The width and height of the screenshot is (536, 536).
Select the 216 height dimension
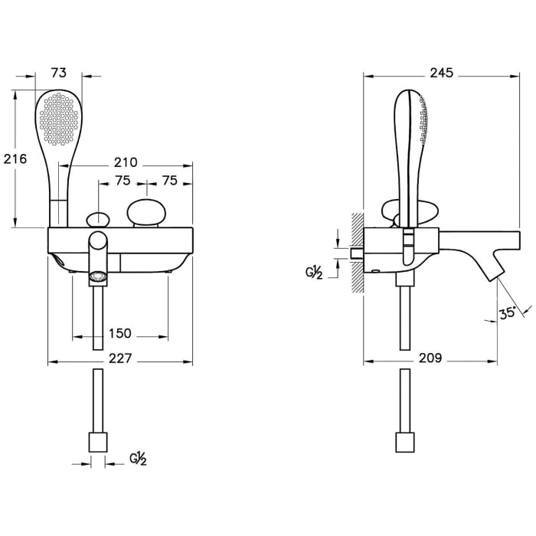[15, 159]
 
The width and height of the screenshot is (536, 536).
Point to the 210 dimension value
[125, 162]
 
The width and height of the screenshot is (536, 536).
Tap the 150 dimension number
[120, 334]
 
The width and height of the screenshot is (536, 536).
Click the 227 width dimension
[120, 358]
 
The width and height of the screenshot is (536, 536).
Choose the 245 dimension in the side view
[441, 73]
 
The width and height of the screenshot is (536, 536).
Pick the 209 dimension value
[431, 358]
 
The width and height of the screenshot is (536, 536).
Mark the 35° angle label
[507, 312]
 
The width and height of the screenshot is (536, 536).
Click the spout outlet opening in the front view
[97, 276]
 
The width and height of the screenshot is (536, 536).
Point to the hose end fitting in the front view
[98, 442]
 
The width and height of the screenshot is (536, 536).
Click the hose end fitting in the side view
[404, 442]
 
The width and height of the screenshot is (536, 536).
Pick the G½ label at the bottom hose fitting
[139, 459]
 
